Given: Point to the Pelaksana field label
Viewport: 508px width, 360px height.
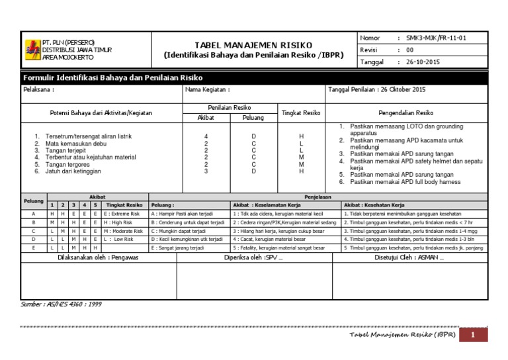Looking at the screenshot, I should tap(38, 90).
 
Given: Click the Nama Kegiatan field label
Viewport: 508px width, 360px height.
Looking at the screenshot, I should tap(208, 90).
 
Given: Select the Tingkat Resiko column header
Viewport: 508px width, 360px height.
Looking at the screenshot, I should tap(301, 112).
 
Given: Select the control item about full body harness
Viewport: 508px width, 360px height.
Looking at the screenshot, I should tap(405, 181).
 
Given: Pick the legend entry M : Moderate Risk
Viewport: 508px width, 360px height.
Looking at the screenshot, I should tap(124, 232).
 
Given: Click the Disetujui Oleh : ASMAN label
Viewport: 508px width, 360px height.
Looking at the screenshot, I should tap(417, 257).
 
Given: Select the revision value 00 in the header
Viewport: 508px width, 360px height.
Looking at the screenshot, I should tap(409, 50).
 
